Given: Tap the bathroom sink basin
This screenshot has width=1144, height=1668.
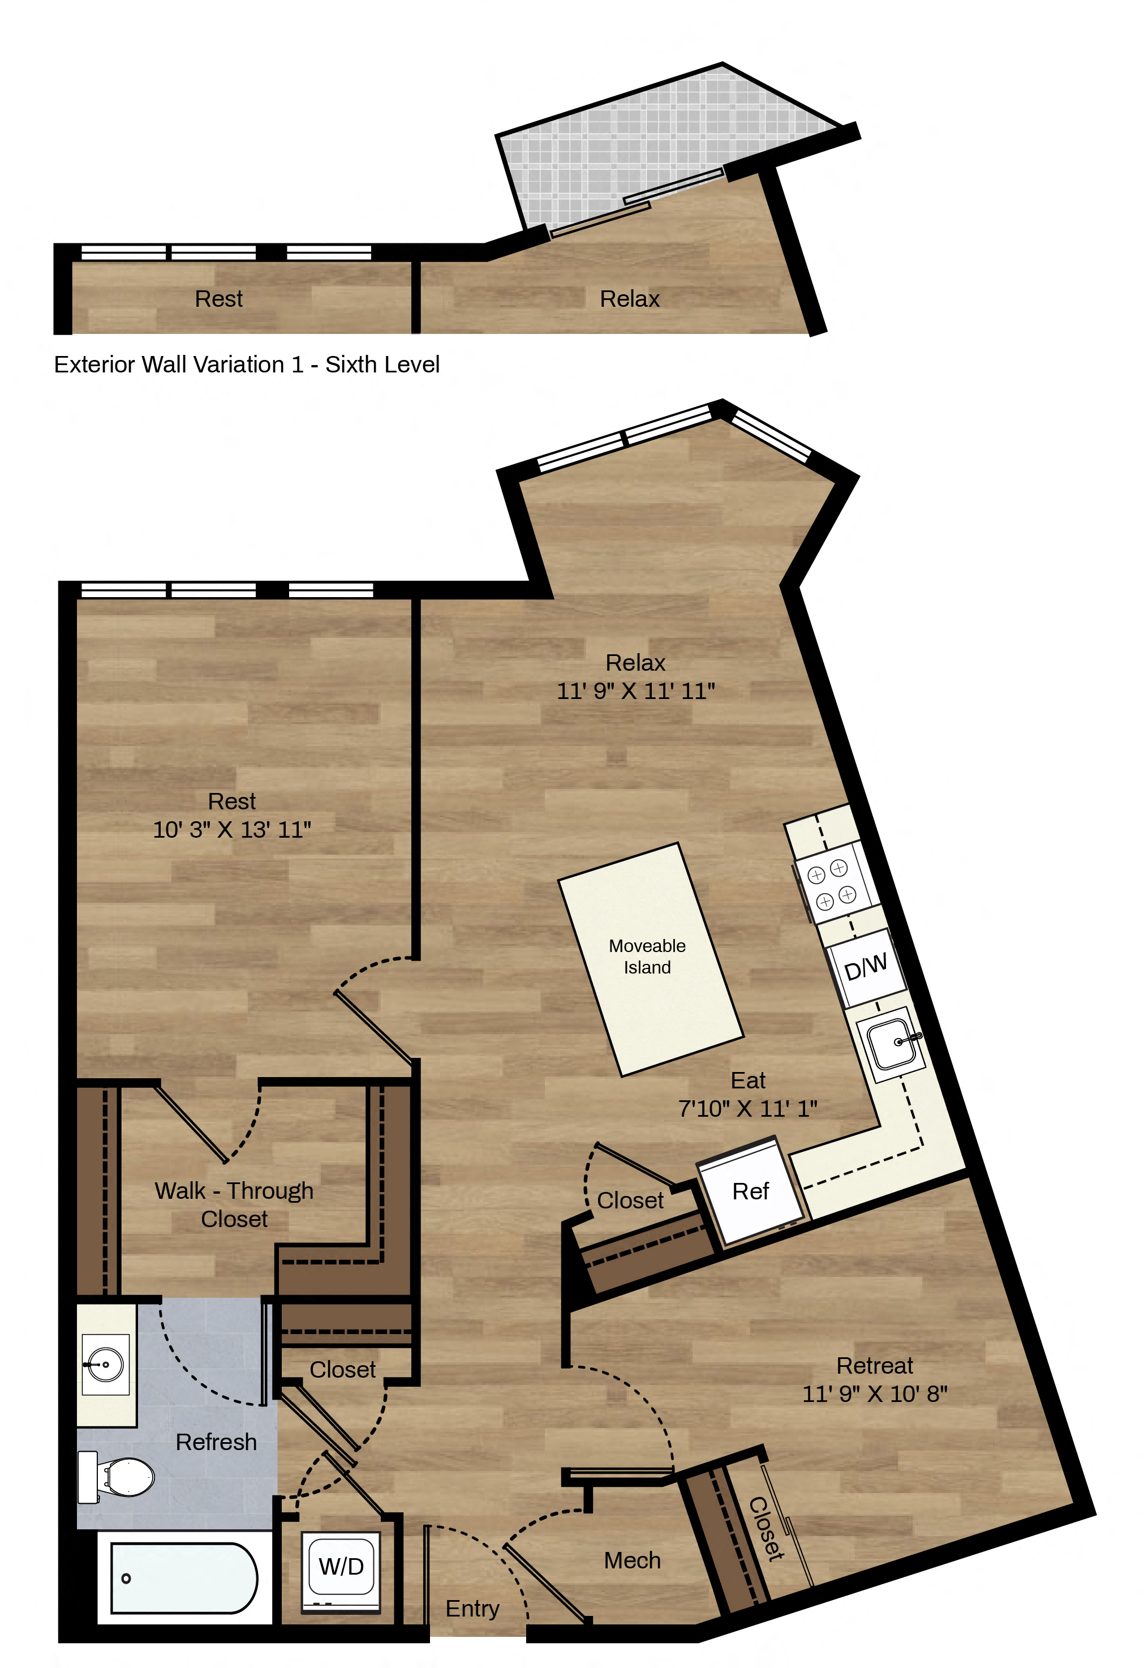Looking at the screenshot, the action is pyautogui.click(x=105, y=1365).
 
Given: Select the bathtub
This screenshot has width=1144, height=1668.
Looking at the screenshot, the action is pyautogui.click(x=184, y=1578).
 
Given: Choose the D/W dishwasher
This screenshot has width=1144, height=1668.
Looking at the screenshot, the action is pyautogui.click(x=866, y=967).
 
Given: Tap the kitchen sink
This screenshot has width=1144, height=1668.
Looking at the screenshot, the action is pyautogui.click(x=892, y=1043).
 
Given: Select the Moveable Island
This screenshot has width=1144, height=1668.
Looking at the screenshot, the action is pyautogui.click(x=651, y=959).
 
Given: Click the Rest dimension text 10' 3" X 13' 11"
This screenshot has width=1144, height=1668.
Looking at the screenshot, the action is pyautogui.click(x=231, y=830).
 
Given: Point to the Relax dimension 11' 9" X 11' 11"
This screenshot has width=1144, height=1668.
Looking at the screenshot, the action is pyautogui.click(x=636, y=691).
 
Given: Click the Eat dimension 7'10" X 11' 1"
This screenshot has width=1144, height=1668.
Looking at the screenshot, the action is pyautogui.click(x=747, y=1109).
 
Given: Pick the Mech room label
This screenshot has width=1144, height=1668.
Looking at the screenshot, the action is pyautogui.click(x=632, y=1560).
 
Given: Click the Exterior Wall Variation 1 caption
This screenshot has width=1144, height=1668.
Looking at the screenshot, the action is pyautogui.click(x=247, y=365).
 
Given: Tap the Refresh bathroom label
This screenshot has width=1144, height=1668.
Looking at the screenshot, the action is pyautogui.click(x=216, y=1442).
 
